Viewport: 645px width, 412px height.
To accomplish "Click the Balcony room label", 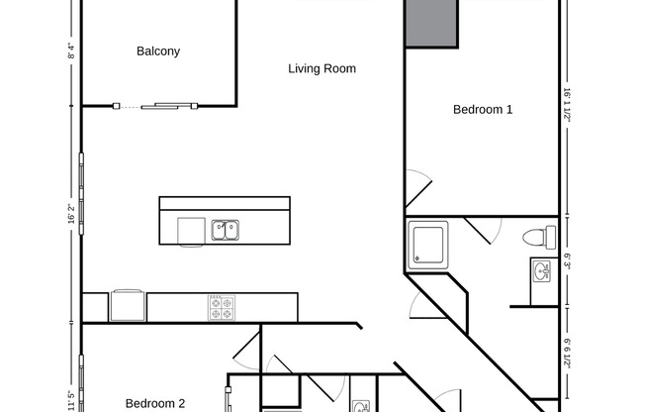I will point(158,51).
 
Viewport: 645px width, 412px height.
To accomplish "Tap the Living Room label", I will point(322,69).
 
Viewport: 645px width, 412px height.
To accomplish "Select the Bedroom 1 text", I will point(483,110).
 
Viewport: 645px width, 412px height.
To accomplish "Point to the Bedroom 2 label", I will point(155,403).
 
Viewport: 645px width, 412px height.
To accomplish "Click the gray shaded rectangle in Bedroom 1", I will point(431,23).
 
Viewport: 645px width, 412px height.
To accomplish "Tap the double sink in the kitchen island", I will point(225,231).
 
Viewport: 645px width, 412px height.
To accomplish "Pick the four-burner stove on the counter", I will point(221,307).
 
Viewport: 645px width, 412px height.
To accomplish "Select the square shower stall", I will point(428,243).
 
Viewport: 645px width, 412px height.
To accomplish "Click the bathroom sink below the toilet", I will point(540,270).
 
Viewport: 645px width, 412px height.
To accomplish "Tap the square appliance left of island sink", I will point(191,231).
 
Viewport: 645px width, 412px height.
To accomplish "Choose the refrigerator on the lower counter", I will point(128,305).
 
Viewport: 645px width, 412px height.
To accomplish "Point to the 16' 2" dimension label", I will point(71,213).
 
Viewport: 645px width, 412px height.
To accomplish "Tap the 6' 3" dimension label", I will point(569,261).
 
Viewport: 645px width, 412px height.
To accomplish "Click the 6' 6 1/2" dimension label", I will point(569,352).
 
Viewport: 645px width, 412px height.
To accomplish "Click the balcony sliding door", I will point(170,105).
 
